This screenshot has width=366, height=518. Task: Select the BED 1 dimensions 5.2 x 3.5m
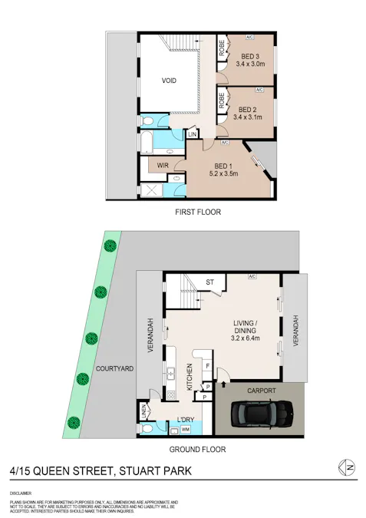click(x=223, y=174)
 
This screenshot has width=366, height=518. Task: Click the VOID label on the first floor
click(x=170, y=81)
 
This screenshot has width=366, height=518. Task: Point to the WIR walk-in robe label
click(x=163, y=165)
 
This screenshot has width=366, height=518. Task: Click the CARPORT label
click(x=261, y=390)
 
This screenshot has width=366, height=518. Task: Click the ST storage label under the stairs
click(x=209, y=283)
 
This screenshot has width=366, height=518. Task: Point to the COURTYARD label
click(x=115, y=369)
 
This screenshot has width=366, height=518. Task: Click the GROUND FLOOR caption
click(x=198, y=450)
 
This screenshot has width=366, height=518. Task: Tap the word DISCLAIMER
click(x=21, y=492)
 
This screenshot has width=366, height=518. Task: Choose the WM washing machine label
click(x=186, y=430)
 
